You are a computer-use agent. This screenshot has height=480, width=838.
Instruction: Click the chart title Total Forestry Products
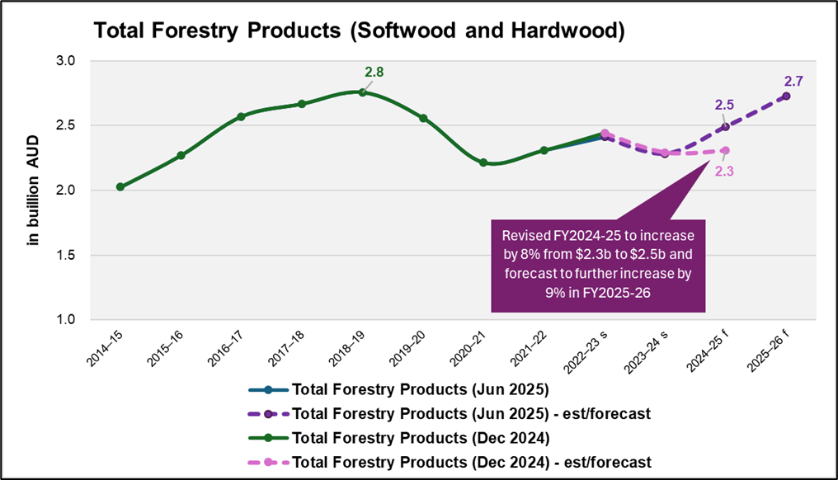pyautogui.click(x=359, y=31)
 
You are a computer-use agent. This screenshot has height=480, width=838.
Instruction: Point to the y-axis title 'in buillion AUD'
pyautogui.click(x=34, y=189)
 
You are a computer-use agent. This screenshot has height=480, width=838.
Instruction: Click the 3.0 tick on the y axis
pyautogui.click(x=65, y=61)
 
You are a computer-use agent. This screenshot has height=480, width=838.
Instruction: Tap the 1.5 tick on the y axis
pyautogui.click(x=65, y=255)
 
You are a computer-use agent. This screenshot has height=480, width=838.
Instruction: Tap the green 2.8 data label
pyautogui.click(x=374, y=73)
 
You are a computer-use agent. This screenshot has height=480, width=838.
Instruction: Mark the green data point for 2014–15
pyautogui.click(x=120, y=187)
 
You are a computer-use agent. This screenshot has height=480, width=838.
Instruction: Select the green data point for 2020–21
pyautogui.click(x=483, y=162)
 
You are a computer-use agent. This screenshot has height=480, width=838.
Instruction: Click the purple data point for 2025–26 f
pyautogui.click(x=785, y=96)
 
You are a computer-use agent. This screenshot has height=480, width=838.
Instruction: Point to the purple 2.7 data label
pyautogui.click(x=793, y=81)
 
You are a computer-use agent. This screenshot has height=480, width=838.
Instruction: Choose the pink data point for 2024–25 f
pyautogui.click(x=725, y=150)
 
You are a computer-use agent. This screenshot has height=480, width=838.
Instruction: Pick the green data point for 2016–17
pyautogui.click(x=242, y=116)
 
